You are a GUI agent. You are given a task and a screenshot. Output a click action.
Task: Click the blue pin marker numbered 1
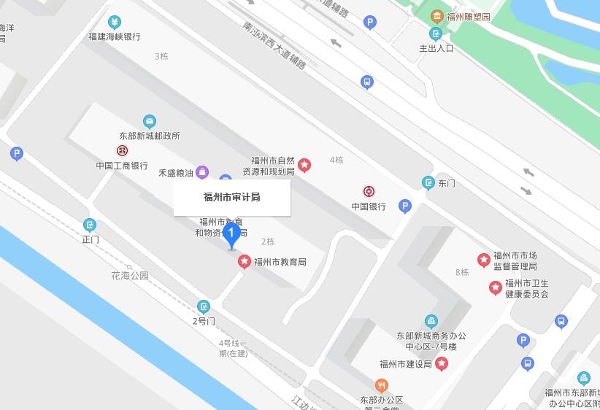(x=231, y=235)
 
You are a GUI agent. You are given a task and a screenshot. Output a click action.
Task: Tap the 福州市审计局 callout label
(x=232, y=197)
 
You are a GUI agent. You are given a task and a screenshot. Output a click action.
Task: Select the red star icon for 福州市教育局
(x=245, y=261)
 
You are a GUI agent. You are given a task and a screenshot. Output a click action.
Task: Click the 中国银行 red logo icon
(x=369, y=192)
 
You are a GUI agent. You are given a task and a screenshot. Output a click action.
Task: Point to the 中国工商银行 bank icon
(x=122, y=151)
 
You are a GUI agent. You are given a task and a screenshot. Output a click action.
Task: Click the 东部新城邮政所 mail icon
(x=149, y=121)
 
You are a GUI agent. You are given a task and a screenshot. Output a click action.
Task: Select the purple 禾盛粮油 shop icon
(x=203, y=173)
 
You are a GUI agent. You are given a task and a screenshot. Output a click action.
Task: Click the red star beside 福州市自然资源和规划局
(x=304, y=166)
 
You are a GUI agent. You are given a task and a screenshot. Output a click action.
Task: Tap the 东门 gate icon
(x=428, y=182)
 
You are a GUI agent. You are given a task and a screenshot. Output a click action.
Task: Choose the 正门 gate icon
(x=90, y=225)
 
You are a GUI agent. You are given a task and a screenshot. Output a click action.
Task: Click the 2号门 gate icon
(x=204, y=306)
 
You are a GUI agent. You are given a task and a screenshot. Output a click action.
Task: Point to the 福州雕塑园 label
(x=468, y=16)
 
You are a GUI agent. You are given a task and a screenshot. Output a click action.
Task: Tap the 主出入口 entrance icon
(x=436, y=34)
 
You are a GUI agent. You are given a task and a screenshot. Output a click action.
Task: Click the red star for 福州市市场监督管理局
(x=483, y=260)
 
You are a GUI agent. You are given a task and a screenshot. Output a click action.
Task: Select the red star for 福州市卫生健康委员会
(x=495, y=287)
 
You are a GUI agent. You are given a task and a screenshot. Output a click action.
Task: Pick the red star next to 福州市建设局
(x=441, y=363)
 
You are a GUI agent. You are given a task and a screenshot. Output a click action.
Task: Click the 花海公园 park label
(x=130, y=276)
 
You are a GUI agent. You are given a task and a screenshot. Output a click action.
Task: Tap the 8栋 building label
(x=462, y=273)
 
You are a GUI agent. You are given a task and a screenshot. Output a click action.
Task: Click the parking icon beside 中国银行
(x=405, y=207)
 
